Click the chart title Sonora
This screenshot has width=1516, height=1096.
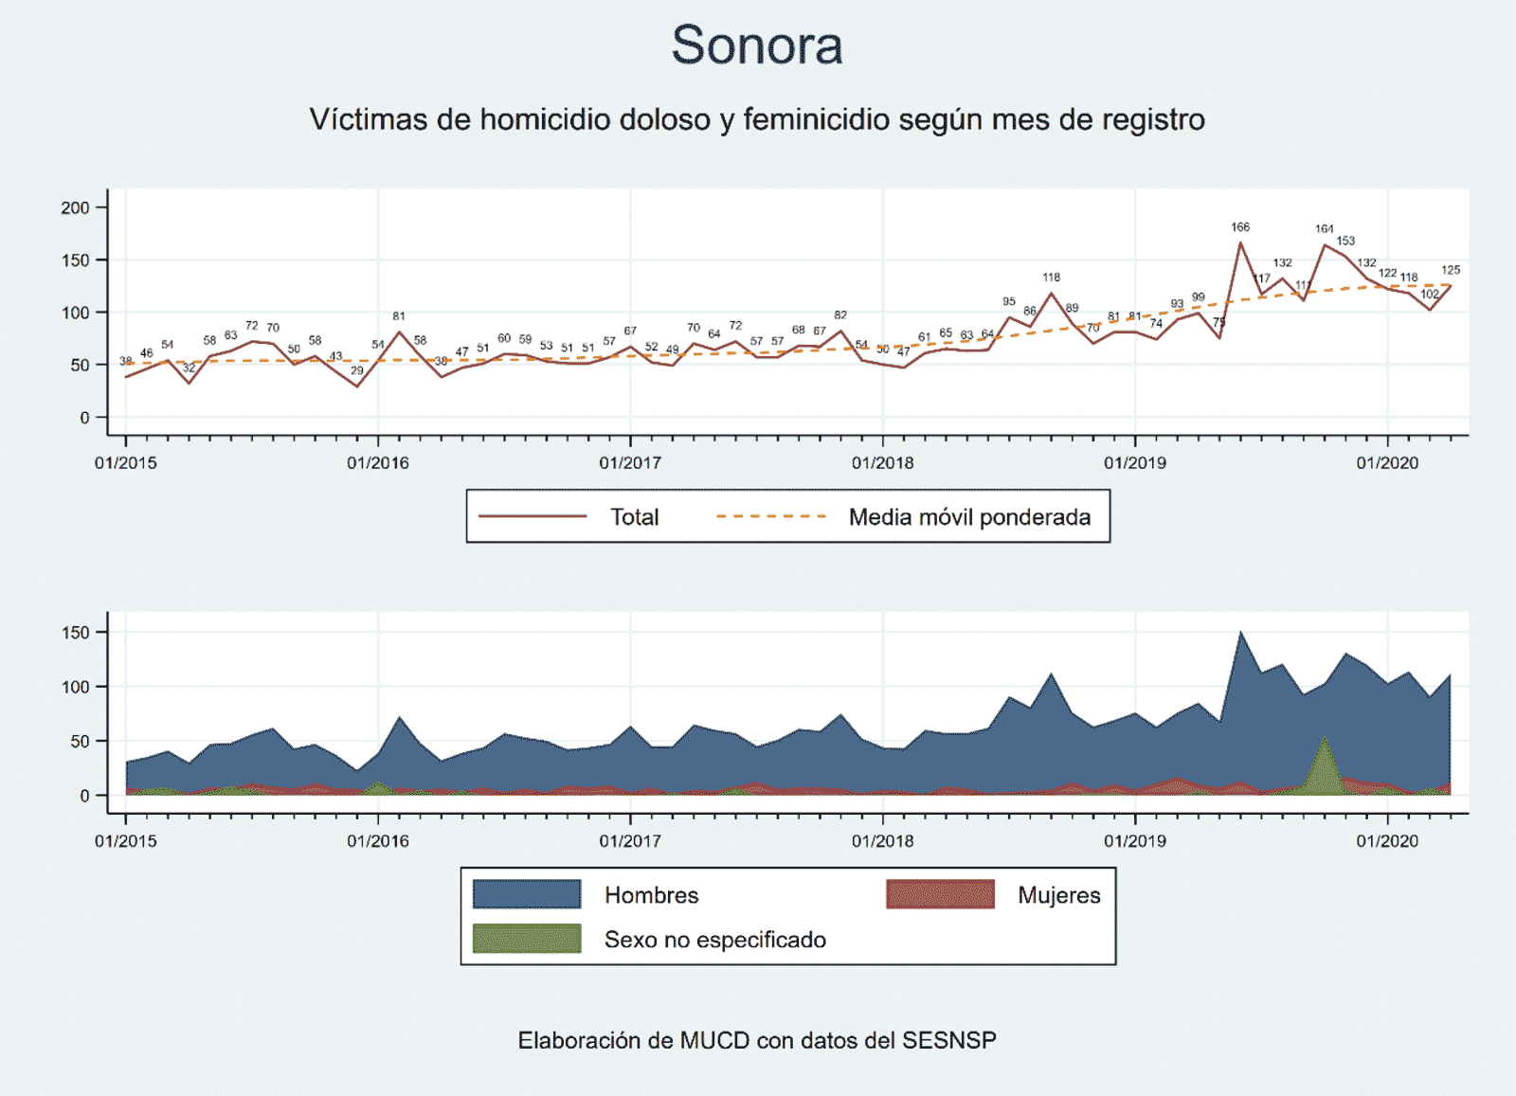click(757, 45)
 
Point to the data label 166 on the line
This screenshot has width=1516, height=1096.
click(1240, 227)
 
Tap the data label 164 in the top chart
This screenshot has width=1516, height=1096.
click(1324, 229)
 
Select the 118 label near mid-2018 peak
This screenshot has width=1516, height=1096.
click(1051, 278)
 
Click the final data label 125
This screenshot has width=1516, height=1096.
click(1450, 270)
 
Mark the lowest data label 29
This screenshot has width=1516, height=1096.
click(357, 370)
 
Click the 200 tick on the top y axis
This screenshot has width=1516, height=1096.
click(75, 207)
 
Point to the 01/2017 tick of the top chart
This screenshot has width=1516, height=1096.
click(630, 462)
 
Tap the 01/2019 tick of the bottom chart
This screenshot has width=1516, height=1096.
click(1134, 840)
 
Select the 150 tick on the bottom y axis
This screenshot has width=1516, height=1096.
click(76, 633)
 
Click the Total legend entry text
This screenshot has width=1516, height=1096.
click(634, 517)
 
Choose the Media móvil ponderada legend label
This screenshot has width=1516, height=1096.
click(969, 517)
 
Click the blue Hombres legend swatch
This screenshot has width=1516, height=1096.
click(527, 894)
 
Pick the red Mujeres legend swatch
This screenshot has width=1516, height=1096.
click(940, 894)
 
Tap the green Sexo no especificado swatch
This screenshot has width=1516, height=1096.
click(527, 938)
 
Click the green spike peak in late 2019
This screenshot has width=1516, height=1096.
click(1324, 738)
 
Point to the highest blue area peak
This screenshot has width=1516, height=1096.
click(1240, 634)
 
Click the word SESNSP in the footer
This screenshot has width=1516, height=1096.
click(948, 1040)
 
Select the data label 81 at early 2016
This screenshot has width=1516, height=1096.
click(399, 316)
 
